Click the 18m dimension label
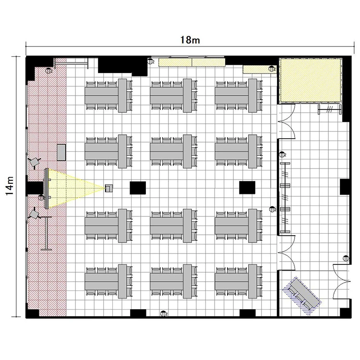[190, 40]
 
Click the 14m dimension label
[11, 186]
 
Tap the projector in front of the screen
[109, 188]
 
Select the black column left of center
[138, 188]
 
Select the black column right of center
[247, 188]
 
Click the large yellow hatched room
[310, 80]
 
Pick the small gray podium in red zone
[61, 153]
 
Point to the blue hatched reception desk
[302, 296]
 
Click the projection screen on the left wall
[47, 189]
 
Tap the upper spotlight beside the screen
[35, 162]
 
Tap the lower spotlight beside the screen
[35, 214]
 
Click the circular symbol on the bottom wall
[163, 313]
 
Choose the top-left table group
[109, 96]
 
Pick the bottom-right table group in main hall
[239, 281]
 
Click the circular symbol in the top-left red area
[48, 71]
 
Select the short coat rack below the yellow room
[330, 109]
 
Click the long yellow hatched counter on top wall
[192, 62]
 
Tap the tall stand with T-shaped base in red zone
[47, 233]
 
